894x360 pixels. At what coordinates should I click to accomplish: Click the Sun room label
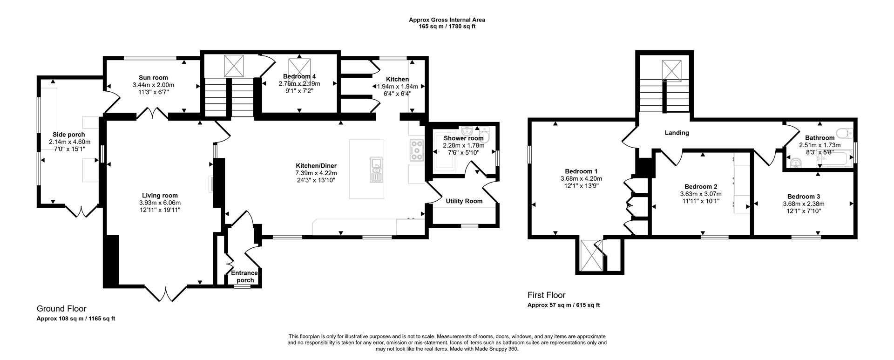[x=153, y=78]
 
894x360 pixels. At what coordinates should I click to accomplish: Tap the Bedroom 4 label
[x=299, y=76]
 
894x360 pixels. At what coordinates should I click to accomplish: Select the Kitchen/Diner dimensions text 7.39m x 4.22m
[x=316, y=173]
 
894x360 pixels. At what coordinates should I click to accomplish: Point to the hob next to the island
[x=416, y=150]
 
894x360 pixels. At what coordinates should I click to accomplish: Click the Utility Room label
[x=464, y=201]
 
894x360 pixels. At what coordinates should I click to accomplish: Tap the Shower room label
[x=463, y=138]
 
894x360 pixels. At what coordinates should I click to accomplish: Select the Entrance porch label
[x=245, y=277]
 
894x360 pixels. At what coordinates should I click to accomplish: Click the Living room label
[x=160, y=196]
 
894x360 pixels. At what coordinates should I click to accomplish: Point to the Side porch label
[x=69, y=135]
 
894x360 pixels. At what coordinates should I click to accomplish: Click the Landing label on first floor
[x=677, y=133]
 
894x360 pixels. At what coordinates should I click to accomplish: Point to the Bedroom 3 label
[x=803, y=197]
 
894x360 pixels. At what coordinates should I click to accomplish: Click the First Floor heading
[x=546, y=295]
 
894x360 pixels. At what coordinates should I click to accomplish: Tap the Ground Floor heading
[x=61, y=308]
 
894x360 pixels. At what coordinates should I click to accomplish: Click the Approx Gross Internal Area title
[x=447, y=20]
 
